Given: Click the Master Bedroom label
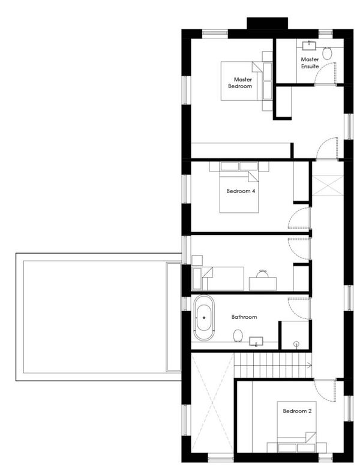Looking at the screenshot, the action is click(240, 83).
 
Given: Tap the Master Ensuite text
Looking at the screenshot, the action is click(310, 63).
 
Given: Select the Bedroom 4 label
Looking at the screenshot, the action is click(241, 191).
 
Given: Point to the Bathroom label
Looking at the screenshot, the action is click(244, 317).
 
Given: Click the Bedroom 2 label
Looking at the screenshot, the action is click(297, 411).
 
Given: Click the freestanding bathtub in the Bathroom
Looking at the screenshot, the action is click(204, 318).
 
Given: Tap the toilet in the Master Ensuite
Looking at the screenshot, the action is click(327, 53).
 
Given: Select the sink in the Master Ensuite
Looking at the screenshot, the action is click(310, 46).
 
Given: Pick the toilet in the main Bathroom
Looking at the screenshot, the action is click(238, 335).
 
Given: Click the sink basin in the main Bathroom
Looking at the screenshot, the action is click(256, 341).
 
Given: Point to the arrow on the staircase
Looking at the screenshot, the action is click(309, 365).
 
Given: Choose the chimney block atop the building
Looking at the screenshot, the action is click(268, 23).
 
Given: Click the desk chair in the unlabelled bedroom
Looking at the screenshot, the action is click(263, 273).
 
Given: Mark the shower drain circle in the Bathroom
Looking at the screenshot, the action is click(296, 344).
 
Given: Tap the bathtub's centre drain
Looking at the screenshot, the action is click(204, 318).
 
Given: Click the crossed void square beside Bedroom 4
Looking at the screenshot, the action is click(328, 186).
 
